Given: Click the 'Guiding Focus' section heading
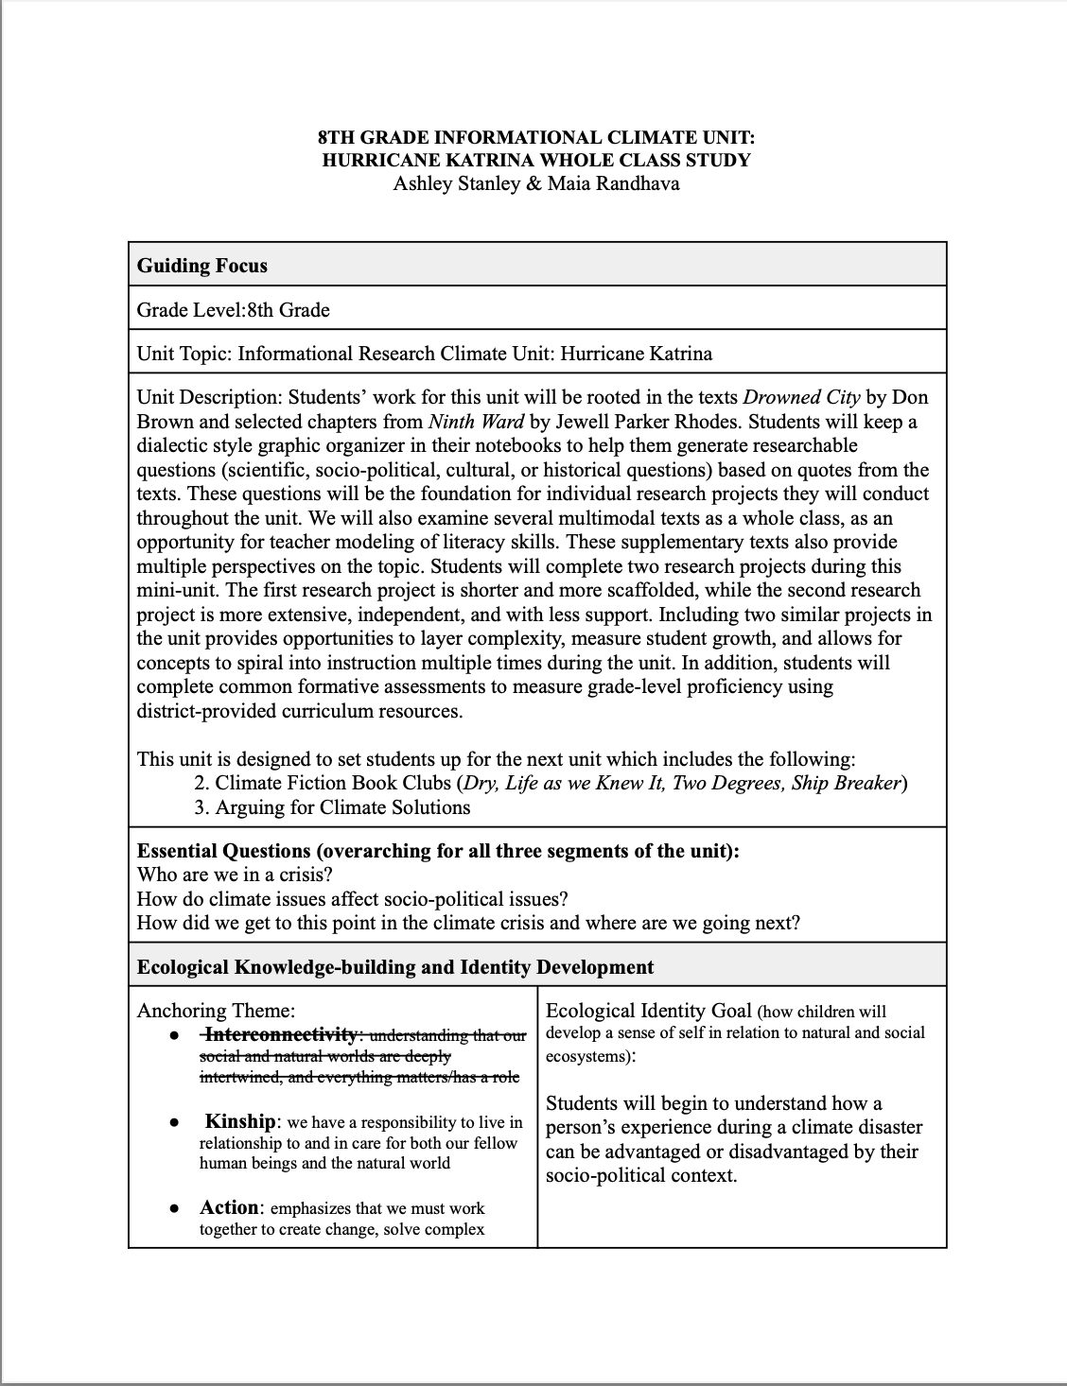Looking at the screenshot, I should click(x=202, y=266).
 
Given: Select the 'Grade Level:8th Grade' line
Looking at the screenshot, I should click(x=234, y=309).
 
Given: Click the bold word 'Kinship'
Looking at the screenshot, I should click(x=240, y=1121).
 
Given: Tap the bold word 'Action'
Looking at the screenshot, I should click(x=228, y=1207).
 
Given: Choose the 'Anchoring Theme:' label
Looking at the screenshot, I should click(x=216, y=1011).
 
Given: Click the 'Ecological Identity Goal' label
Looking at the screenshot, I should click(x=649, y=1011).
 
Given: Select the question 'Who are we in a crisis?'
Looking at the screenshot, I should click(x=235, y=874).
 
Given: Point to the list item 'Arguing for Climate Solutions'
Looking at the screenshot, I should click(x=342, y=807).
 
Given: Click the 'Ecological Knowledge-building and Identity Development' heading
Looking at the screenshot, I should click(x=395, y=967).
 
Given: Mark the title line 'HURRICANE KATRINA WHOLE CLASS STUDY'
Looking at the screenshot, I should click(x=536, y=160).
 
